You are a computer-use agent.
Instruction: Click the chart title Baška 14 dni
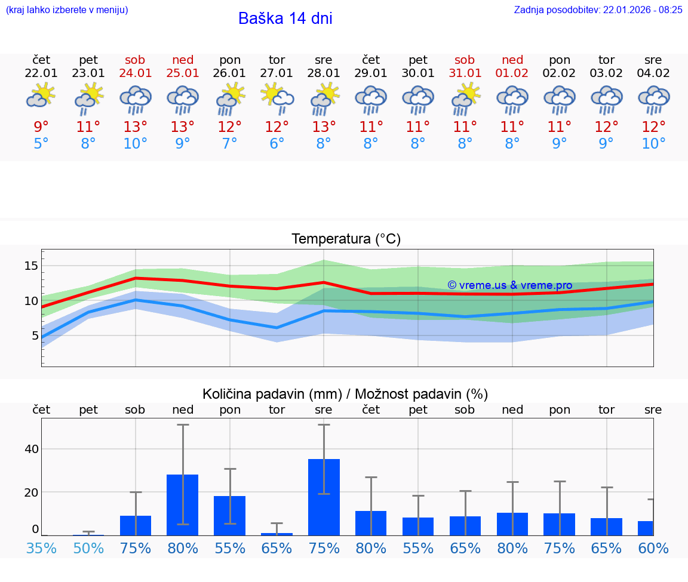point(285,19)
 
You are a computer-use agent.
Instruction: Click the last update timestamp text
point(598,10)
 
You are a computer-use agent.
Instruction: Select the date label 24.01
point(136,73)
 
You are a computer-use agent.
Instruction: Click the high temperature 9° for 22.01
point(41,127)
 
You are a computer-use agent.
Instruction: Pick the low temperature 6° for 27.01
point(277,144)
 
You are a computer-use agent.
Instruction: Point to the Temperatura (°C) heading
point(346,239)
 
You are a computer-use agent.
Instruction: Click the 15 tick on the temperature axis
point(31,266)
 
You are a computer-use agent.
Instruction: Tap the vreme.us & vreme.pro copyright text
point(509,285)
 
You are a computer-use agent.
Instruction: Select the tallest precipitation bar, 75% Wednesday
point(324,497)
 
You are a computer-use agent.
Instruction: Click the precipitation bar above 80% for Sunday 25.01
point(182,504)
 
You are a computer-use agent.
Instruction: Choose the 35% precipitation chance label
point(41,548)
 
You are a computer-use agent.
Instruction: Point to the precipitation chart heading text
point(345,394)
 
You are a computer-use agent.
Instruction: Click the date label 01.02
point(512,73)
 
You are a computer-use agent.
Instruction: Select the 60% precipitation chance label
point(653,548)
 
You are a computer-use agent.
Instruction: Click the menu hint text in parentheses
point(67,10)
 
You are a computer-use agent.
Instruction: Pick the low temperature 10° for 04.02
point(653,144)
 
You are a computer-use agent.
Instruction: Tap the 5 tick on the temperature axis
point(34,335)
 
